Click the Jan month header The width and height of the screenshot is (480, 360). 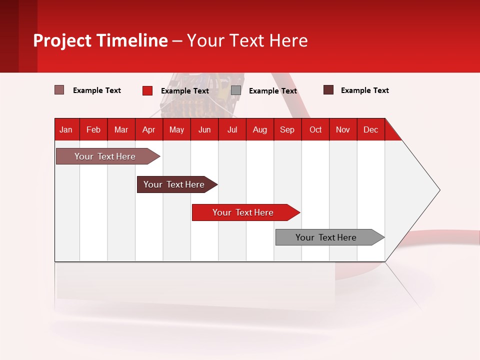click(x=66, y=129)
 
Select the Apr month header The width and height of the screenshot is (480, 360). click(x=149, y=129)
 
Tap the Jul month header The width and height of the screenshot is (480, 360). click(x=232, y=129)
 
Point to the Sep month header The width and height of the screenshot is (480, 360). click(x=287, y=129)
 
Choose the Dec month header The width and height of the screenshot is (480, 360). click(x=370, y=129)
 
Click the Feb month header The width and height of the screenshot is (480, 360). click(x=93, y=129)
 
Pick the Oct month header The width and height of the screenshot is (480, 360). click(x=315, y=129)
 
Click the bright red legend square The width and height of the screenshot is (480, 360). click(x=147, y=90)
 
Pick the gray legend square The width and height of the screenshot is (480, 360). click(x=236, y=90)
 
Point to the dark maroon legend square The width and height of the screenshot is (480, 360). click(x=328, y=90)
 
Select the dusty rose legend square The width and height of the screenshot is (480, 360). click(x=59, y=90)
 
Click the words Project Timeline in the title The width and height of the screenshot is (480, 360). click(x=100, y=40)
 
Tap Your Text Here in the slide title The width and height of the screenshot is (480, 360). click(x=247, y=40)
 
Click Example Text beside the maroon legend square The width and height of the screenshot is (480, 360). click(x=364, y=90)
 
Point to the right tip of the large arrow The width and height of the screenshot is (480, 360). click(x=439, y=190)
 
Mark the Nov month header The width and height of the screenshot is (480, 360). click(x=343, y=129)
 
